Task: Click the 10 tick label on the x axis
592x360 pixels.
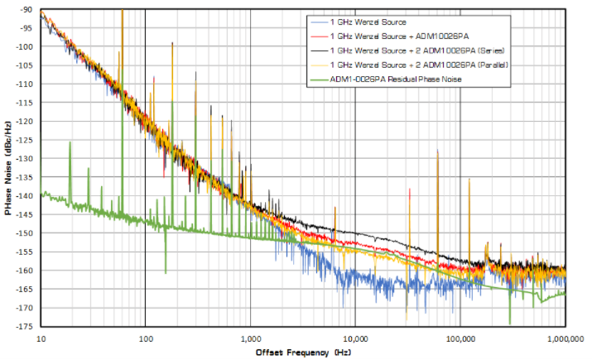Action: (x=40, y=338)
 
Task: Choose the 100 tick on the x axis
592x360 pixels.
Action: (x=145, y=338)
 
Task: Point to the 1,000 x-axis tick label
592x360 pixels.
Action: (x=250, y=338)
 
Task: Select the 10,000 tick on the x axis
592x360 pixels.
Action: (x=355, y=338)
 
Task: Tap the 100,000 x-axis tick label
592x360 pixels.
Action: (x=460, y=338)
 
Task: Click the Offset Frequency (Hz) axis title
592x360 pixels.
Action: (x=302, y=353)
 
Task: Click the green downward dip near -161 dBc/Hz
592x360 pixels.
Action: (x=166, y=271)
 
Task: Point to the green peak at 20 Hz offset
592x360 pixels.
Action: (x=70, y=143)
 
